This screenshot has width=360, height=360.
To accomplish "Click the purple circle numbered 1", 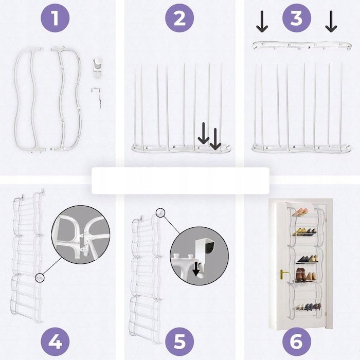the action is click(x=55, y=18).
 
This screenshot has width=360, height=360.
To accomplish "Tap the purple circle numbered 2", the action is click(x=179, y=18).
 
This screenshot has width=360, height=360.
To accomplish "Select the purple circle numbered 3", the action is click(x=297, y=18).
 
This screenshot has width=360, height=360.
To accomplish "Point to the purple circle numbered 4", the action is click(x=55, y=341).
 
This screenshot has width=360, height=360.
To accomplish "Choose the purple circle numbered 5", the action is click(x=179, y=341).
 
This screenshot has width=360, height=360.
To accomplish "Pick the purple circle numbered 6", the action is click(x=297, y=341).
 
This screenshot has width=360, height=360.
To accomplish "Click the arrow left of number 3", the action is click(x=262, y=22).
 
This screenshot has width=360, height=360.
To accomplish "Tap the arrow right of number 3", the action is click(x=331, y=22).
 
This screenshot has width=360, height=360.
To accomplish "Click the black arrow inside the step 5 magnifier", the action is click(x=196, y=269).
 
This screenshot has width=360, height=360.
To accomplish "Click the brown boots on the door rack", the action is click(x=300, y=275).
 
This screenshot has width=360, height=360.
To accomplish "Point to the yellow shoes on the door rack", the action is click(x=305, y=231).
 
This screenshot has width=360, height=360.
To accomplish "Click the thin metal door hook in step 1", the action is click(x=97, y=98).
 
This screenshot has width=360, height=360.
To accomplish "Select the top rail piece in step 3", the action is click(x=302, y=45).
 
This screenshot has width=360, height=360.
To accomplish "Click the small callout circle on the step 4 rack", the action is click(x=40, y=278).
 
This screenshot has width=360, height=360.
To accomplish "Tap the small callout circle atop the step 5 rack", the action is click(x=160, y=212).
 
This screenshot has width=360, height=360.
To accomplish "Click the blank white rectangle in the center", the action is click(x=181, y=181).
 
